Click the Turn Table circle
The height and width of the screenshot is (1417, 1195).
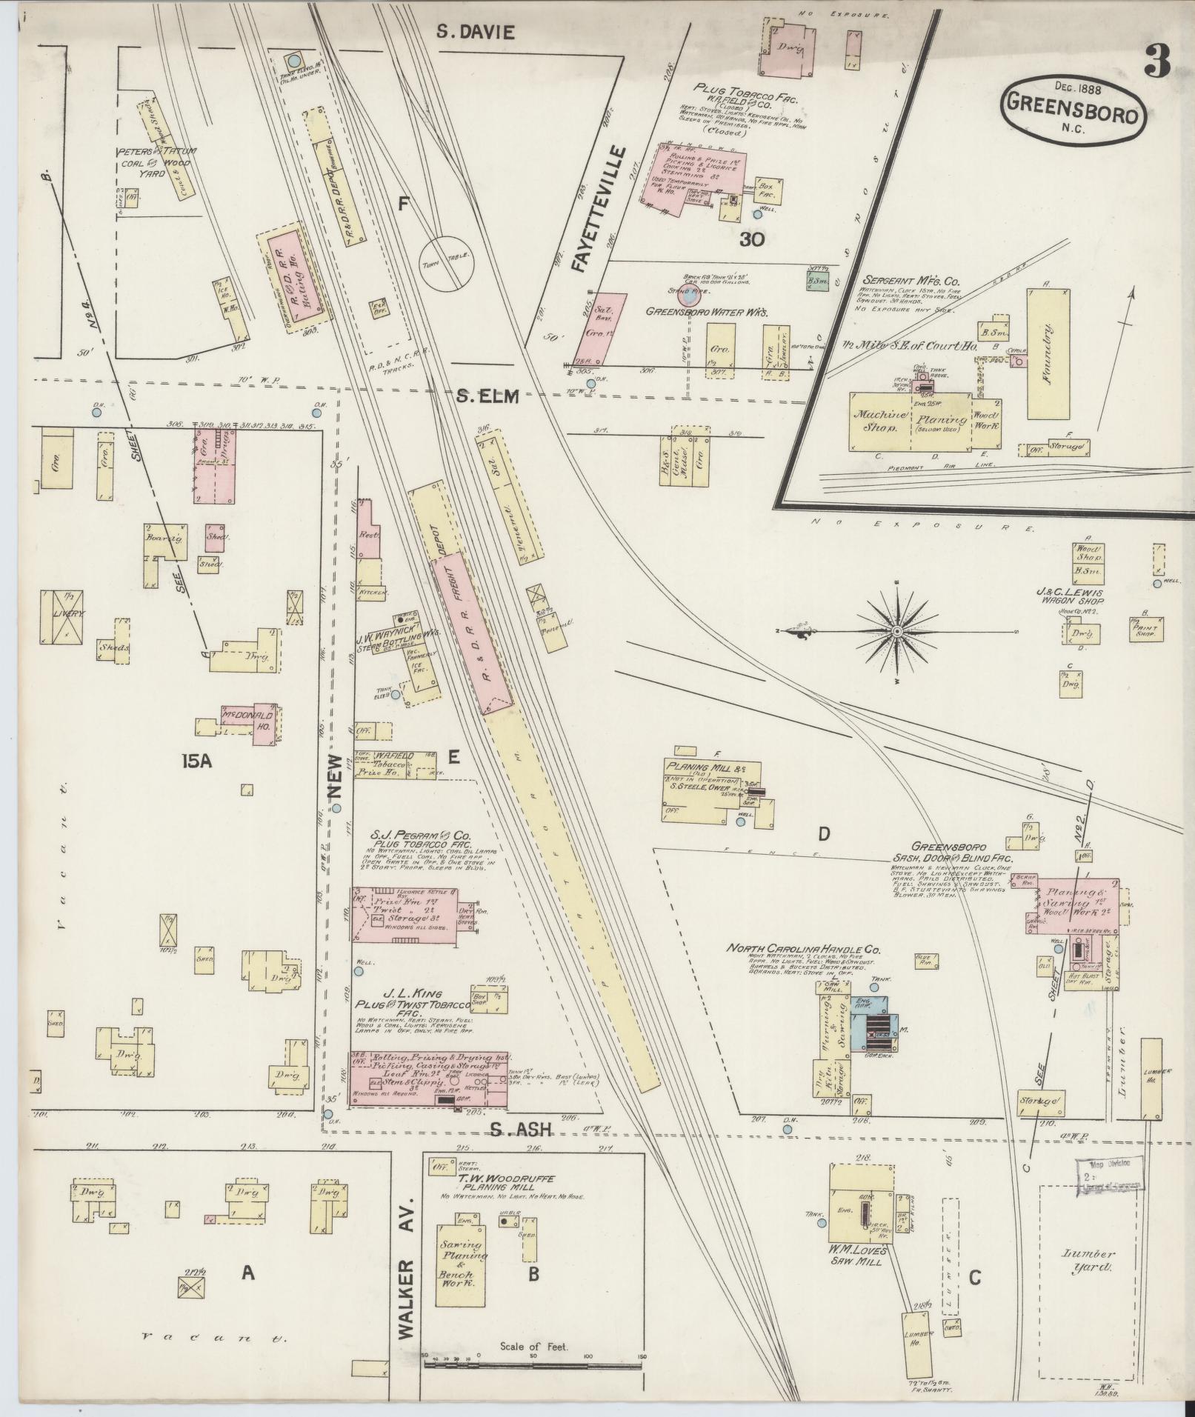coord(446,264)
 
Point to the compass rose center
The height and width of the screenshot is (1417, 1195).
coord(896,631)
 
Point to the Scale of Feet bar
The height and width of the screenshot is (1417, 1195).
coord(533,1355)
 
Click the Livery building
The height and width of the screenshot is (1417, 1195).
coord(64,615)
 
